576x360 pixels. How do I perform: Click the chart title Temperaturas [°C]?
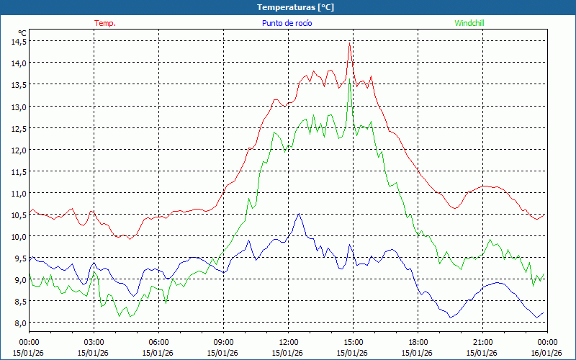point(295,6)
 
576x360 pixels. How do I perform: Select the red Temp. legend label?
point(105,23)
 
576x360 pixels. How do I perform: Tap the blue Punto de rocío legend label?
point(287,23)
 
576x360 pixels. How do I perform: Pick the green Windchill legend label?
point(469,23)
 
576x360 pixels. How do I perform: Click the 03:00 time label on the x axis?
point(94,342)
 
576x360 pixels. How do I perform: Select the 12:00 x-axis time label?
point(288,342)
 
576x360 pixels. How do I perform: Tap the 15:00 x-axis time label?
point(353,342)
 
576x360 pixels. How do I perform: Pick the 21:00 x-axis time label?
point(482,342)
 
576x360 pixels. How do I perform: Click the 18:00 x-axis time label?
point(418,342)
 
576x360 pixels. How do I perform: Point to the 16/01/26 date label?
point(546,353)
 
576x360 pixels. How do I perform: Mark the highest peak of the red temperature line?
point(349,45)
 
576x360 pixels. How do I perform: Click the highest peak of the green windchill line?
point(350,81)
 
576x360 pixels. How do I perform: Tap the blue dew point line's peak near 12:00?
point(297,214)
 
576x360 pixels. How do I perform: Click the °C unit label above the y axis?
point(22,32)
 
